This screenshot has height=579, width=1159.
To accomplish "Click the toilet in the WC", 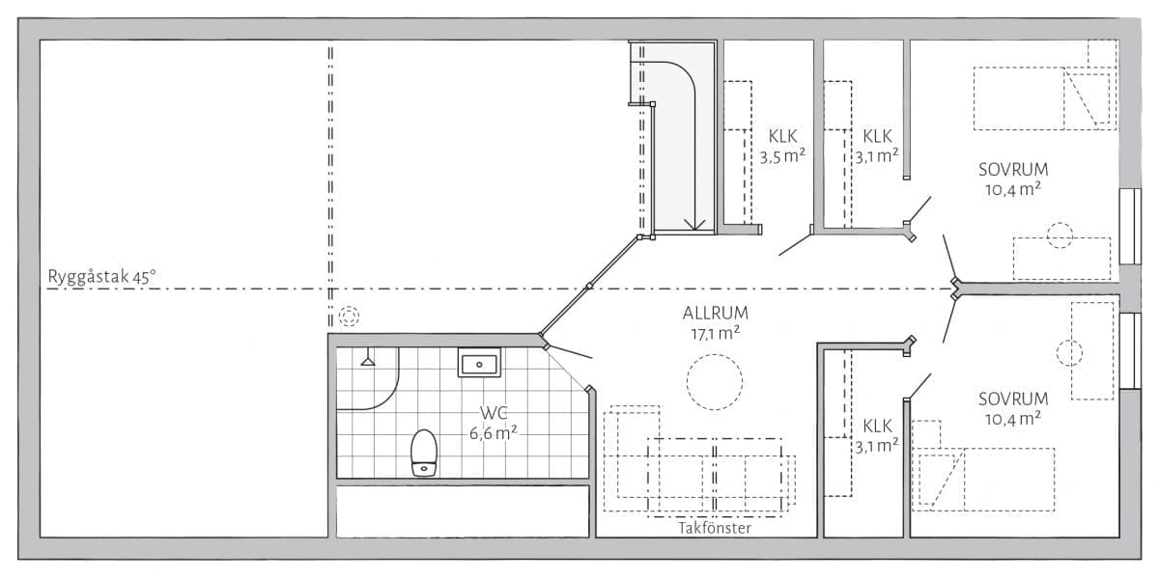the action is click(x=424, y=453).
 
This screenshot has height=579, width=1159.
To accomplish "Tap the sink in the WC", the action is click(x=479, y=363).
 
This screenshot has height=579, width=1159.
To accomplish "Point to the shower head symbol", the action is click(x=368, y=358).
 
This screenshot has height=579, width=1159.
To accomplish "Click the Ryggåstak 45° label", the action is click(x=101, y=277).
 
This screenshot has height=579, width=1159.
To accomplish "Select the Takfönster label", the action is click(x=714, y=528).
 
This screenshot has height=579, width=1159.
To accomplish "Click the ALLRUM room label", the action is click(x=715, y=313).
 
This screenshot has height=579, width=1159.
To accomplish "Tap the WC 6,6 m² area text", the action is click(x=494, y=423).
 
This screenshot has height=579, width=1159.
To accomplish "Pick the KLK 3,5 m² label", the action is click(x=782, y=146).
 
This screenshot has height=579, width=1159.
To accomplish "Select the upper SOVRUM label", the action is click(x=1013, y=170).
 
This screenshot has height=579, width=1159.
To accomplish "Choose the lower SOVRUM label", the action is click(x=1013, y=400).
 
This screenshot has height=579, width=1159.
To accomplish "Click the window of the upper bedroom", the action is click(x=1130, y=227).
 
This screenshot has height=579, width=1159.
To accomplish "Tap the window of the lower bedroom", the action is click(x=1130, y=351).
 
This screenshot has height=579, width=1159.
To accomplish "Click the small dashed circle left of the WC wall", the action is click(x=349, y=316).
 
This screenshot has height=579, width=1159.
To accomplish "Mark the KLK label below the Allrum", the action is click(x=878, y=426).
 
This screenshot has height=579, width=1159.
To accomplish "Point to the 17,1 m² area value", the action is click(x=715, y=334).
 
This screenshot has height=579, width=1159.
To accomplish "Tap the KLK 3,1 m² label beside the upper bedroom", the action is click(x=877, y=146).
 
